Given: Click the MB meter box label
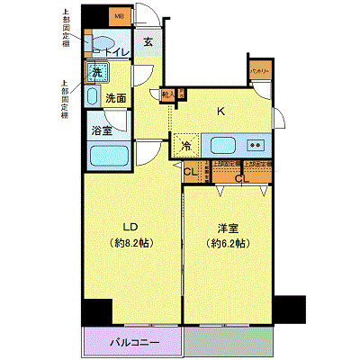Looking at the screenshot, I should point(119,15).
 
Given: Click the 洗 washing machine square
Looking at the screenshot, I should point(94,73).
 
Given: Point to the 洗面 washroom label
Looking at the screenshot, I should point(115,97).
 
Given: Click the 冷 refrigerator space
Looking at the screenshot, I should point(186,145).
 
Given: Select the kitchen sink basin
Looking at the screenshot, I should point(222,145).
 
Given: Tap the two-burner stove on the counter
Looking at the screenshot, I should point(256,145).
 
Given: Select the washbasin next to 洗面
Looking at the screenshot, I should point(93,96).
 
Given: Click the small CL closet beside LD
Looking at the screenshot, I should point(190,172).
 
